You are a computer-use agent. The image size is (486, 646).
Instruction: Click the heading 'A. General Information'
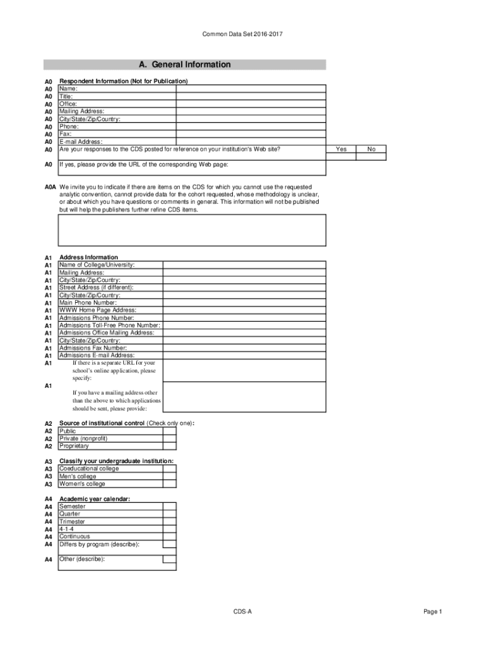(184, 64)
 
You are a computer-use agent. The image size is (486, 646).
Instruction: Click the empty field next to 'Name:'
(251, 89)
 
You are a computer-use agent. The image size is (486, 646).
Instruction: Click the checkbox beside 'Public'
(169, 431)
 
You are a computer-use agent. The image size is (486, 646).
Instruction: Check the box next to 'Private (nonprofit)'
(169, 438)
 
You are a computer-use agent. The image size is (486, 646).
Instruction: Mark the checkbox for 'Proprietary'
(169, 446)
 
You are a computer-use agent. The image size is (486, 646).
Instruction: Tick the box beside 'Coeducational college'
(169, 469)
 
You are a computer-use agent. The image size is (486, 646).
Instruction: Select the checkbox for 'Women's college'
(169, 484)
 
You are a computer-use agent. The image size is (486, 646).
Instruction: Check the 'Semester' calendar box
(169, 507)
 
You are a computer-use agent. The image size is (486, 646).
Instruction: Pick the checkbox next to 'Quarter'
(169, 514)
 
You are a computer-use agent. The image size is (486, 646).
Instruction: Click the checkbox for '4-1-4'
(169, 529)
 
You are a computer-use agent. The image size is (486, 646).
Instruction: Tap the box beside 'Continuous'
(169, 537)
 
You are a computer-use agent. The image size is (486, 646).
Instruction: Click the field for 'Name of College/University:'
(244, 265)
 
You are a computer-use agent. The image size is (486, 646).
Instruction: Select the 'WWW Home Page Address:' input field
(244, 310)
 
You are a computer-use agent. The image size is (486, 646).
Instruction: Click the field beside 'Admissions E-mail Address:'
(244, 356)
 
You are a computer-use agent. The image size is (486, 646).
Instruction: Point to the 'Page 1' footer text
(433, 612)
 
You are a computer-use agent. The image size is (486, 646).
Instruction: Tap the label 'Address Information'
(88, 257)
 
